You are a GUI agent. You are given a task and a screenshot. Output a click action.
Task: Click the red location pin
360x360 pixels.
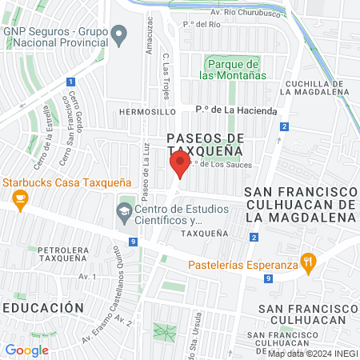[179, 166]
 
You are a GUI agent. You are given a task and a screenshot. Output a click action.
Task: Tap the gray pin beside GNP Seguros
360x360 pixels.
[119, 35]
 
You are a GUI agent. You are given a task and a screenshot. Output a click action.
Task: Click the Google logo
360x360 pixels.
[26, 350]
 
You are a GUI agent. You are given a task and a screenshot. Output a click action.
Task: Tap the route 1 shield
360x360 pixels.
[70, 82]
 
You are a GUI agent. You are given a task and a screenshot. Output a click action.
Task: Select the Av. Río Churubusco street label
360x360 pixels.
[238, 14]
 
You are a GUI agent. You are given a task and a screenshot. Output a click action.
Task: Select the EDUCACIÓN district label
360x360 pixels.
[42, 307]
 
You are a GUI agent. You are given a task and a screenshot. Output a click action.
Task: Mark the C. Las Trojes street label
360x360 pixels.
[165, 73]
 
